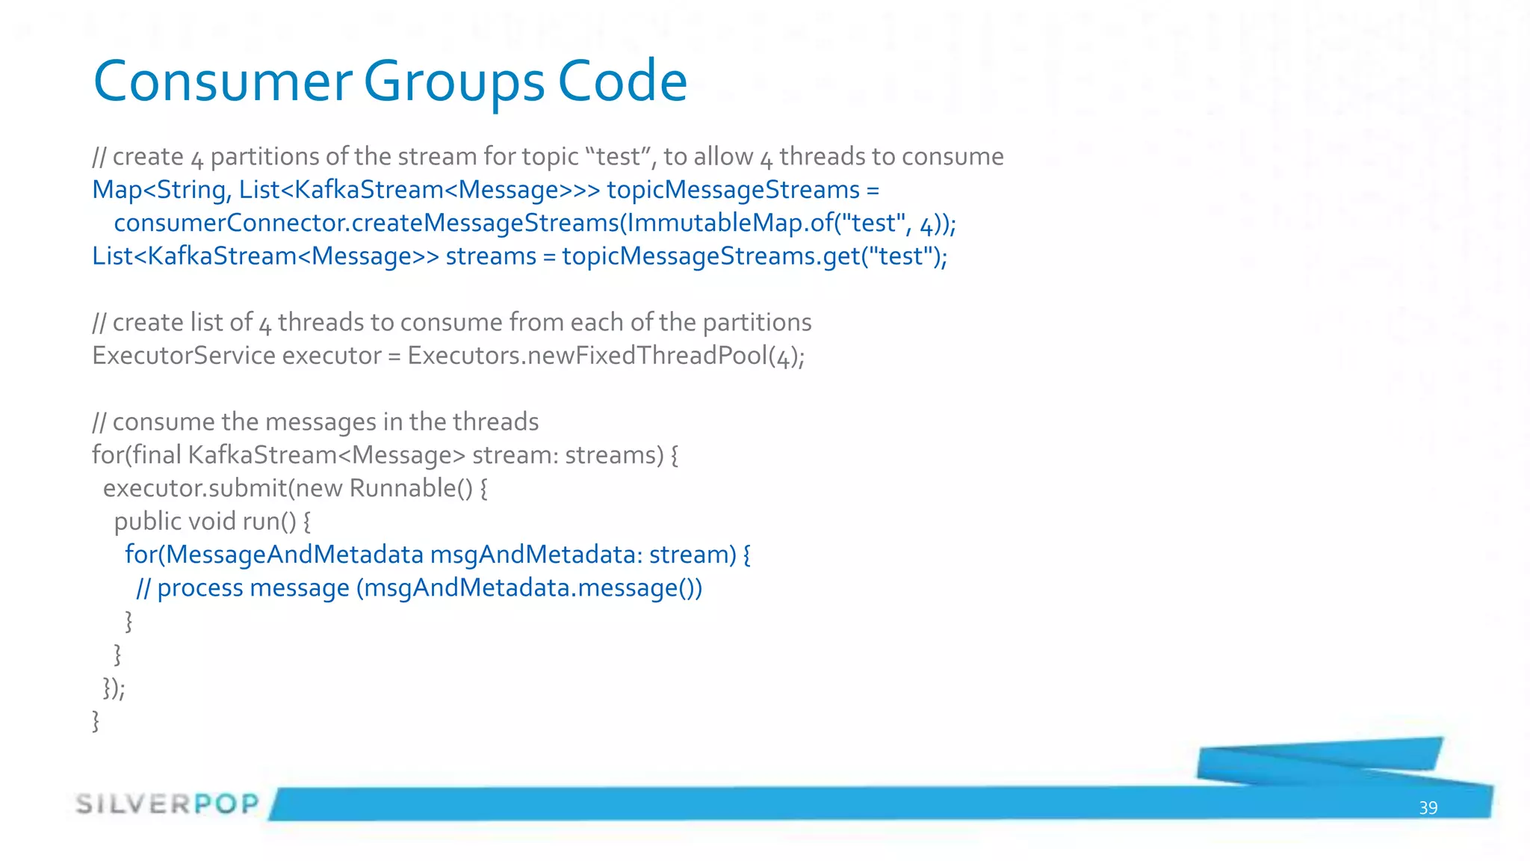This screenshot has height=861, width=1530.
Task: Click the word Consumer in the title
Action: coord(222,81)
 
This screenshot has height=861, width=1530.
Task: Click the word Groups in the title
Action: coord(453,81)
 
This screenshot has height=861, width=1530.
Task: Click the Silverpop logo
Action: coord(167,804)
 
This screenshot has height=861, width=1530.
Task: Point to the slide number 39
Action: coord(1428,808)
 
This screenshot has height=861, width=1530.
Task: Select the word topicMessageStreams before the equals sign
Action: coord(733,190)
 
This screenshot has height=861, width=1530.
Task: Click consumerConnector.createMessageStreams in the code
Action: coord(366,223)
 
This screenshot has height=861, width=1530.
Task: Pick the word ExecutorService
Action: coord(184,356)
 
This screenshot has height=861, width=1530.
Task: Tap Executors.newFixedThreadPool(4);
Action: coord(606,356)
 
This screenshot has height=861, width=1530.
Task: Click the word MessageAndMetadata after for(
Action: coord(294,555)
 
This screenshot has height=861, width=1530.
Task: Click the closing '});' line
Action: coord(114,688)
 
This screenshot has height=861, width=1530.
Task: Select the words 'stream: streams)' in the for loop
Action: coord(567,455)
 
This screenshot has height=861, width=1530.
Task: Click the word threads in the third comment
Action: coord(495,422)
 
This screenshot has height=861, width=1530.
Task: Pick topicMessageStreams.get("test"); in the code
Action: coord(755,256)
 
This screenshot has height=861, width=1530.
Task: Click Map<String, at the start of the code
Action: coord(161,190)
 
